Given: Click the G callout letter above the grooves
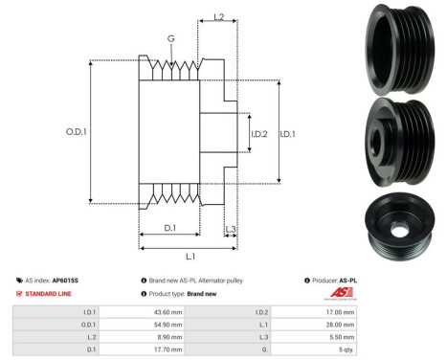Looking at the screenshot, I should pyautogui.click(x=170, y=39).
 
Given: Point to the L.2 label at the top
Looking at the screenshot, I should pyautogui.click(x=217, y=18).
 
